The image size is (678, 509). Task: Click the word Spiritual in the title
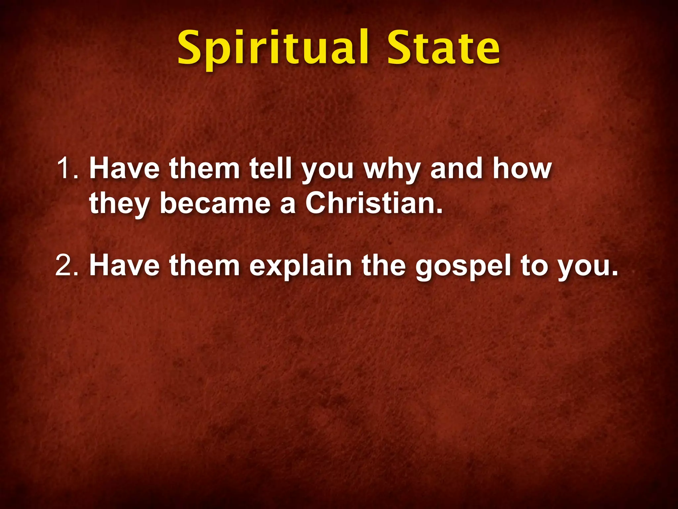click(273, 48)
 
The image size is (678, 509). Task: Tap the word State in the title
click(444, 48)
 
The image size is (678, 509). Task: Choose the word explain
click(301, 266)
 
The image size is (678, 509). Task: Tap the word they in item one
click(119, 203)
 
